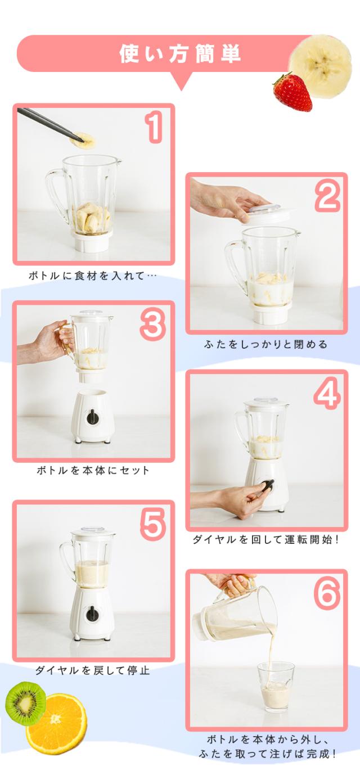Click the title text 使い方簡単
179,55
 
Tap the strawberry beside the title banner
293,92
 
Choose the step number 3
153,324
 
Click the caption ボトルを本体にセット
93,470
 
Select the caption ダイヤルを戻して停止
92,670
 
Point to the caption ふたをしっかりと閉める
266,344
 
